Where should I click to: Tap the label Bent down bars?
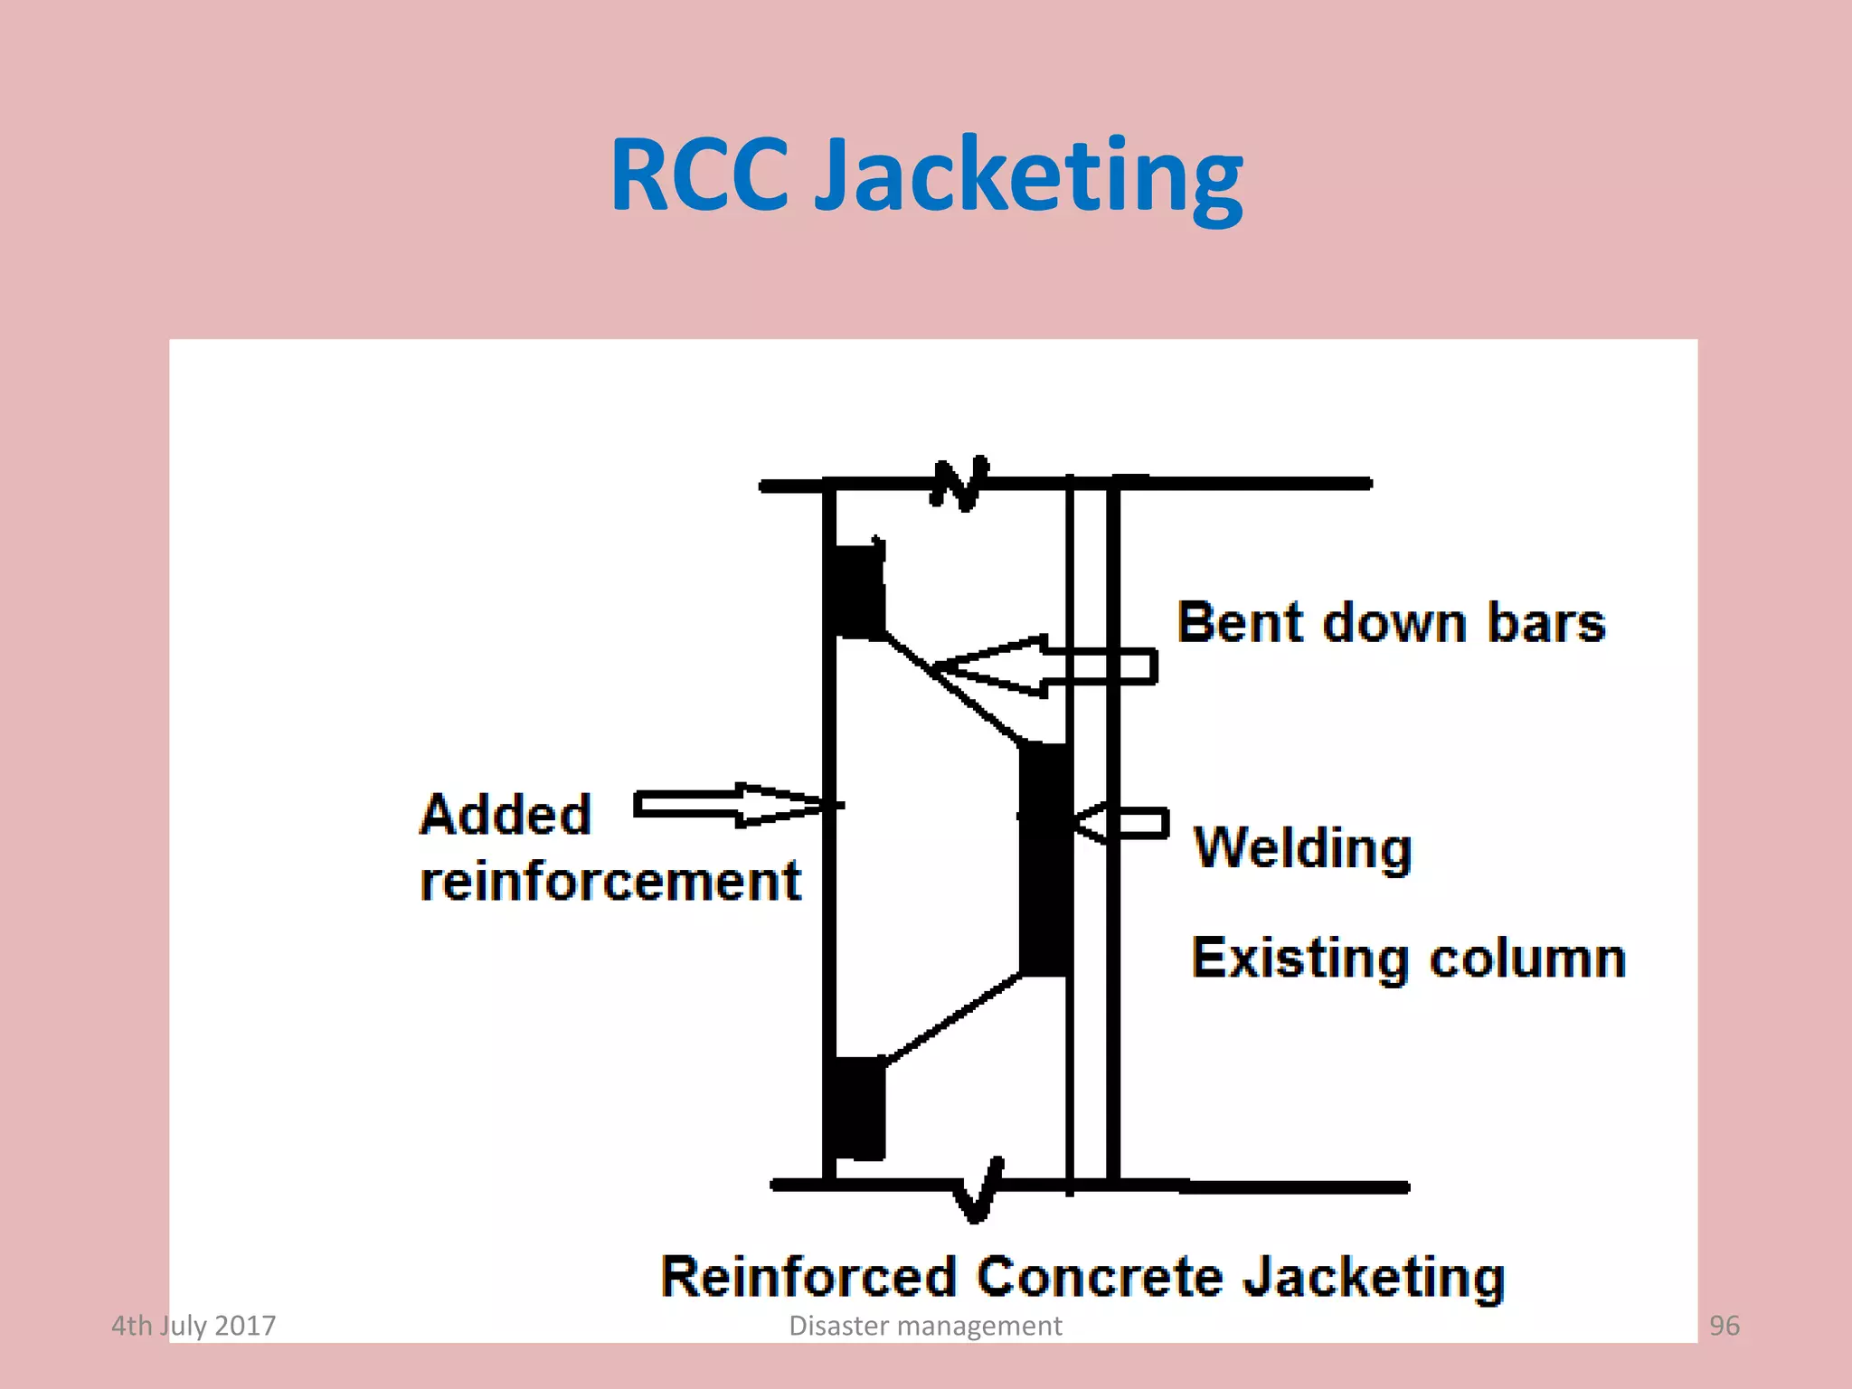pyautogui.click(x=1391, y=624)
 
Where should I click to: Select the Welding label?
pyautogui.click(x=1302, y=848)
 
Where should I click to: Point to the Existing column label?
pyautogui.click(x=1408, y=959)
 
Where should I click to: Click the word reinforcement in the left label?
pyautogui.click(x=610, y=881)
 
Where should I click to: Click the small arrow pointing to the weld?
pyautogui.click(x=1121, y=823)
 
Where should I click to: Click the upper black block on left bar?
pyautogui.click(x=855, y=592)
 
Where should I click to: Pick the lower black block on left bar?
pyautogui.click(x=855, y=1108)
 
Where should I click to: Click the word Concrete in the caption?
pyautogui.click(x=1100, y=1277)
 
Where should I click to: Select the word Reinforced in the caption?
pyautogui.click(x=808, y=1277)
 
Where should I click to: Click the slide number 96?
pyautogui.click(x=1724, y=1326)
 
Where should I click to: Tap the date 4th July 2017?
pyautogui.click(x=194, y=1326)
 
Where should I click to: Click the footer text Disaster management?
pyautogui.click(x=925, y=1326)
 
